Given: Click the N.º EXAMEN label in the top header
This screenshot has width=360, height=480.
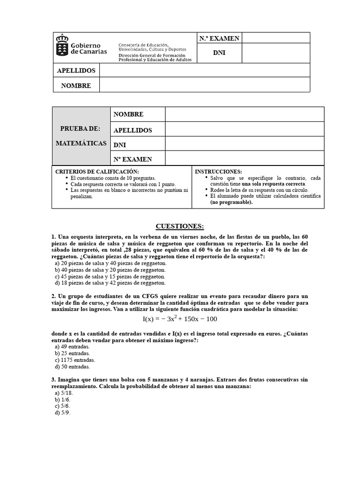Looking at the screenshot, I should [219, 38].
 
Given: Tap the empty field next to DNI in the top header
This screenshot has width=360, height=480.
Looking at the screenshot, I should [276, 53].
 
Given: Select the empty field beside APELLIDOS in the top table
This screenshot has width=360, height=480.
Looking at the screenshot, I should [204, 70].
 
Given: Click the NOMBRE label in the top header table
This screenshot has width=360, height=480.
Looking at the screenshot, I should [76, 85].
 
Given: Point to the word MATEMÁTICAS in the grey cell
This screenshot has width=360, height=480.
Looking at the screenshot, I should [81, 143].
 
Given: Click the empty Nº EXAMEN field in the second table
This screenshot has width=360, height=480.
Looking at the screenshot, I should [244, 158].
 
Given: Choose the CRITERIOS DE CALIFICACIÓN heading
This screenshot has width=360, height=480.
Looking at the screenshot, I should [97, 172].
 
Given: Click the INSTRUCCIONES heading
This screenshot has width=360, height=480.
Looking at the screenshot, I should [218, 172].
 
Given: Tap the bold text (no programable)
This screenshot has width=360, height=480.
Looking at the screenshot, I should [231, 202].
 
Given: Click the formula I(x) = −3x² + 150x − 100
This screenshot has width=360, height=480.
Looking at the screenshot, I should [180, 319].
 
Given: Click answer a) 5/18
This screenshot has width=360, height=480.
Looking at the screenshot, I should [64, 393].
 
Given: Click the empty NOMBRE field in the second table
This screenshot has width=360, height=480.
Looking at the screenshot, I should [244, 114].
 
